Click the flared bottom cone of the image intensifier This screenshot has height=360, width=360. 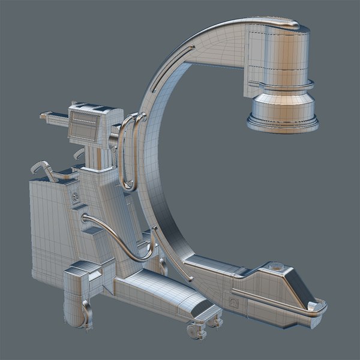(282, 110)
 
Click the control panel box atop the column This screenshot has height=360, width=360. (90, 125)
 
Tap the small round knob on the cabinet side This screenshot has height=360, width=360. (75, 197)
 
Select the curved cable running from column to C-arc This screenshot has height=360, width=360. (120, 234)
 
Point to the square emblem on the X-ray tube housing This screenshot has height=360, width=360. (233, 304)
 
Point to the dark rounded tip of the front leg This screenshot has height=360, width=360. (207, 312)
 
